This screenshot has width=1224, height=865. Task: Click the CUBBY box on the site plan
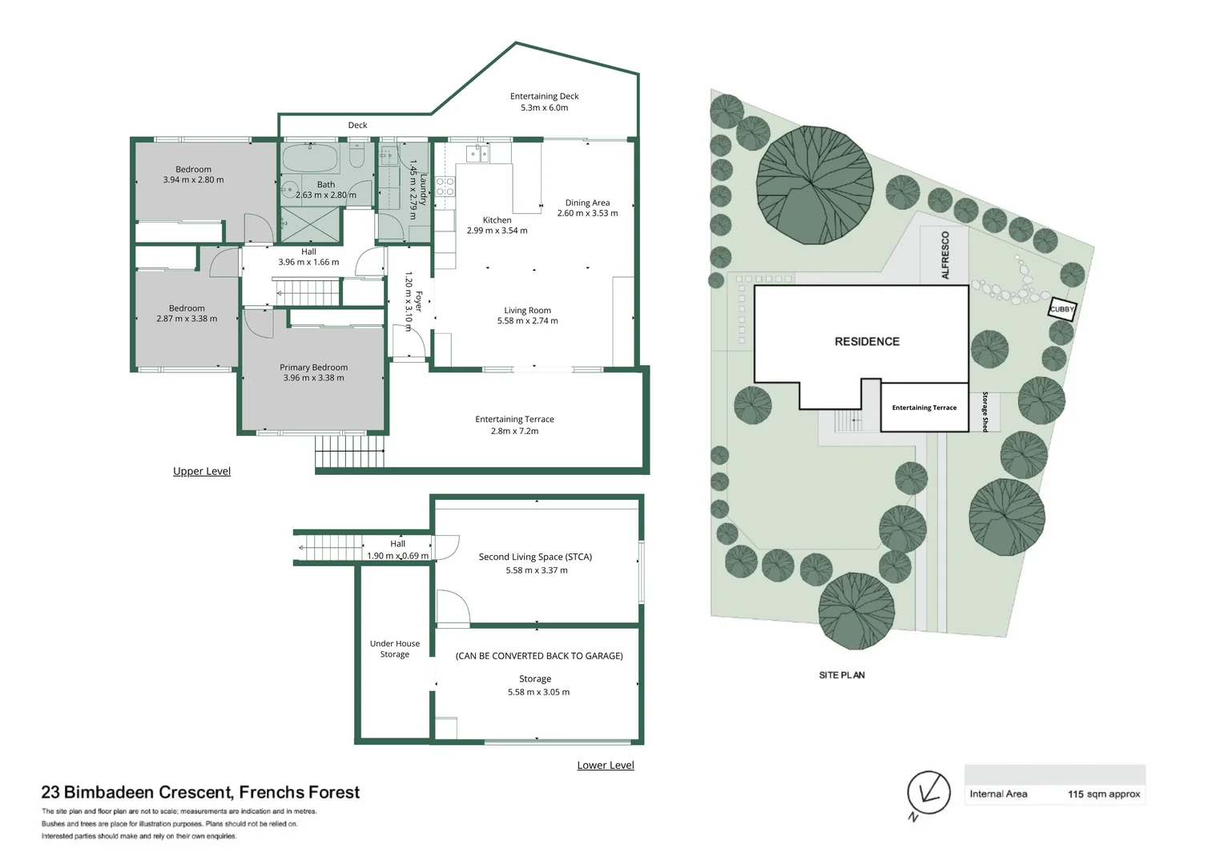[1061, 309]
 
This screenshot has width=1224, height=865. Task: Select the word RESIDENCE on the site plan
[867, 341]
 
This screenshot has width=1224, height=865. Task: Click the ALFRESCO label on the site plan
[945, 255]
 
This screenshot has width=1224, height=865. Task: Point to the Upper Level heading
[202, 471]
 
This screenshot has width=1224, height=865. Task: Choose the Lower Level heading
[606, 765]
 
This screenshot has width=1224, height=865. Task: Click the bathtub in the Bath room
[311, 158]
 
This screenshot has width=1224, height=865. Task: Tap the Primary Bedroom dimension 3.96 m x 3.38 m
[314, 377]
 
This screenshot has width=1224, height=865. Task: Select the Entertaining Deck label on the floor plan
[544, 96]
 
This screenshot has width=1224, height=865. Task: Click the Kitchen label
[497, 219]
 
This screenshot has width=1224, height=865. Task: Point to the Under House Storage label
[395, 649]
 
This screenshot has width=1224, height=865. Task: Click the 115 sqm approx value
[1104, 794]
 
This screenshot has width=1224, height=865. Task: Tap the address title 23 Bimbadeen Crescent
[138, 792]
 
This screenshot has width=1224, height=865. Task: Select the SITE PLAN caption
[841, 675]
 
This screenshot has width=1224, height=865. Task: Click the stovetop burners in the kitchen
[445, 187]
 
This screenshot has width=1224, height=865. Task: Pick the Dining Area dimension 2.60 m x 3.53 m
[587, 213]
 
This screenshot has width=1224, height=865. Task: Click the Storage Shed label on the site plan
[984, 412]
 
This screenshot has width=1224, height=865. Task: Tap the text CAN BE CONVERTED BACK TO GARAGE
[539, 656]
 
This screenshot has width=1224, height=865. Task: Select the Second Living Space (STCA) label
[535, 557]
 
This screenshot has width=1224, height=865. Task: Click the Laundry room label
[422, 190]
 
